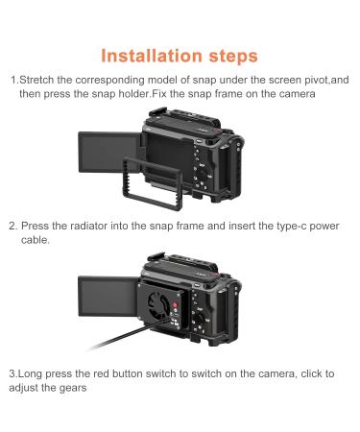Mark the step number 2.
(13, 228)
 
